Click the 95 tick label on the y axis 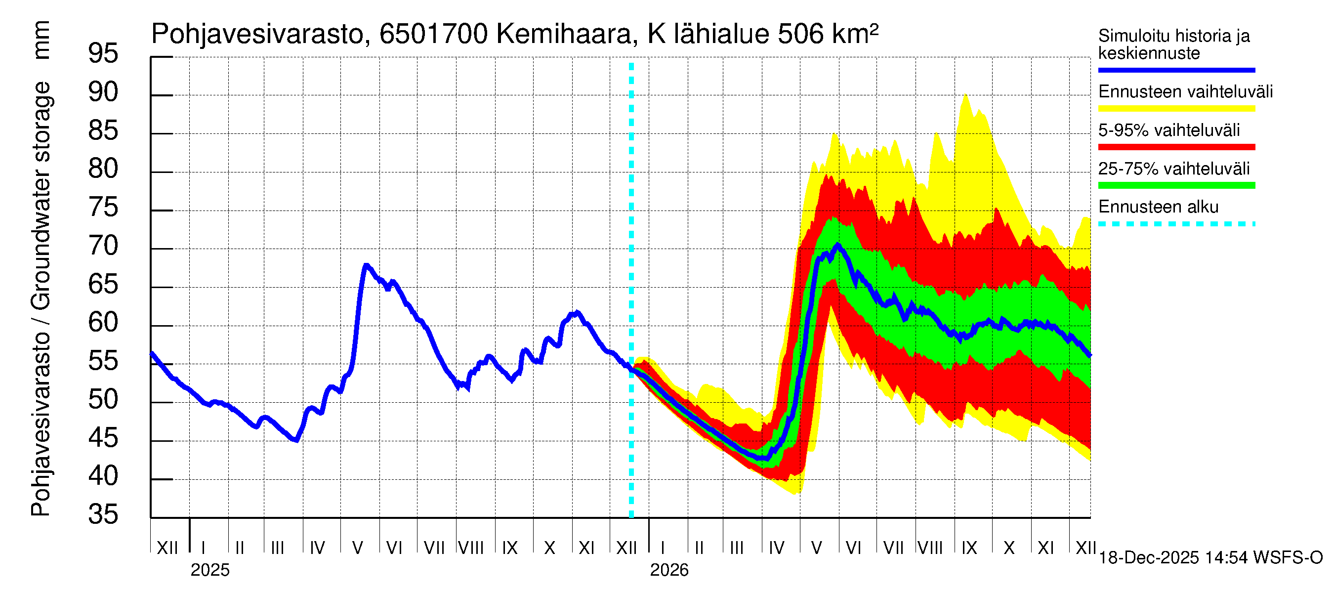point(103,54)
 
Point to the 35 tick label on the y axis point(103,515)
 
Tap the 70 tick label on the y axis point(103,246)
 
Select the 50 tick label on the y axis point(103,400)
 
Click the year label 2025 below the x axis point(209,570)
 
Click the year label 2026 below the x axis point(669,570)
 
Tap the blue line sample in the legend point(1176,70)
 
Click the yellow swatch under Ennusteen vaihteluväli point(1176,109)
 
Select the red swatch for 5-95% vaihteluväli point(1176,147)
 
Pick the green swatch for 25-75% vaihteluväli point(1176,185)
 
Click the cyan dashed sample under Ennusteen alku point(1176,224)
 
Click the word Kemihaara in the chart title point(564,34)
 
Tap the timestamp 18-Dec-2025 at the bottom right point(1149,558)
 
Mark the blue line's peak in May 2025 point(366,266)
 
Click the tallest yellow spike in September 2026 point(965,95)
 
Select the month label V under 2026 point(817,548)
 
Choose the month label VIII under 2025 point(471,548)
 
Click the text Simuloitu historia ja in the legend point(1173,36)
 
